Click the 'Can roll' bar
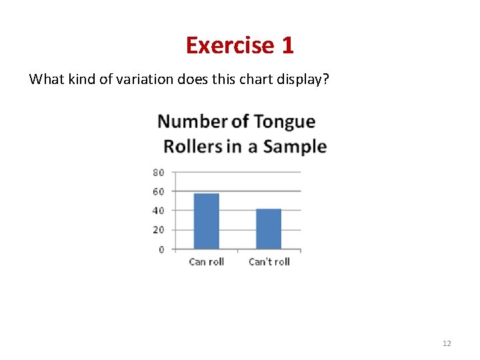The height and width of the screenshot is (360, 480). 206,221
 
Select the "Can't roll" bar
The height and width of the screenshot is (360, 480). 269,229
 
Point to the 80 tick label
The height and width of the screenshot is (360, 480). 159,172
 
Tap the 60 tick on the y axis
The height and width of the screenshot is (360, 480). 159,191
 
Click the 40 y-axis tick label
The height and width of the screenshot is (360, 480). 159,211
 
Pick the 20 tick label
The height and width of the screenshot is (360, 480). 159,230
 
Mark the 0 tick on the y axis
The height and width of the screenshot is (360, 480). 161,249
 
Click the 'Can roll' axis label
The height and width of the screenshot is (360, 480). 206,262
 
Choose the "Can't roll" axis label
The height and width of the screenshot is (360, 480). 269,262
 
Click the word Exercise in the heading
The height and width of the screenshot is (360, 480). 230,45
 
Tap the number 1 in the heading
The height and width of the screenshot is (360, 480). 287,45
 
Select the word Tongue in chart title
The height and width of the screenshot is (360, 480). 284,123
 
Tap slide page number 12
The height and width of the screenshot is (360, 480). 447,343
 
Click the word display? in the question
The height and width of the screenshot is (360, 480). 307,79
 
